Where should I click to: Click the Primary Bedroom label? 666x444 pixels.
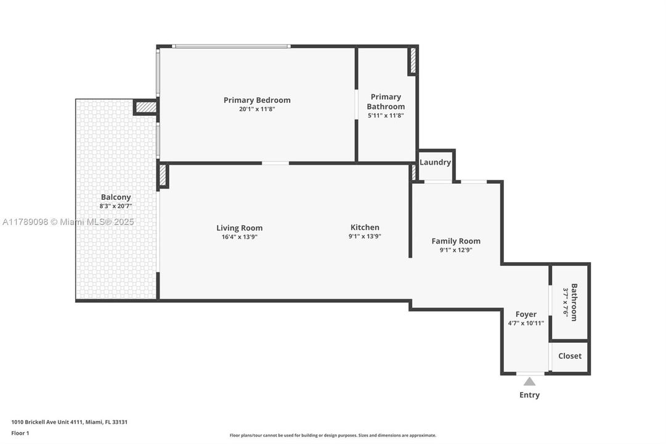tap(257, 100)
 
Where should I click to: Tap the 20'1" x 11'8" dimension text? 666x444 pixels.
tap(257, 109)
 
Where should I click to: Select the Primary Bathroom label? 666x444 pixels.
tap(386, 102)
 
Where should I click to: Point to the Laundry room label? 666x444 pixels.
tap(435, 162)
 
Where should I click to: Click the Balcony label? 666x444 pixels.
tap(116, 197)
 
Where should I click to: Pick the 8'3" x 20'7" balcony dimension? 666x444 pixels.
tap(116, 207)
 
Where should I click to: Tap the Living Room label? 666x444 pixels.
tap(239, 228)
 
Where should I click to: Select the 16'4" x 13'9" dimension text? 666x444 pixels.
tap(239, 237)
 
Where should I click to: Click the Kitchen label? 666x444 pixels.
tap(365, 227)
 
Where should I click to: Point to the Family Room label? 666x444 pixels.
tap(456, 241)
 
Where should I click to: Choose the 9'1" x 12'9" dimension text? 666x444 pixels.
tap(456, 250)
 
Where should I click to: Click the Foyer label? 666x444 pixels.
tap(526, 314)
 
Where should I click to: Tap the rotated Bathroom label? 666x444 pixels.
tap(574, 302)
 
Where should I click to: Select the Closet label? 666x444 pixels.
tap(569, 356)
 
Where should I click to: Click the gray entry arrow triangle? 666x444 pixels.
tap(530, 382)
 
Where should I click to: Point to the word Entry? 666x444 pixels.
tap(529, 395)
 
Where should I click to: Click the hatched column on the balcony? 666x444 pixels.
tap(146, 107)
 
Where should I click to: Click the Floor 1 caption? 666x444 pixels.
tap(20, 434)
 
